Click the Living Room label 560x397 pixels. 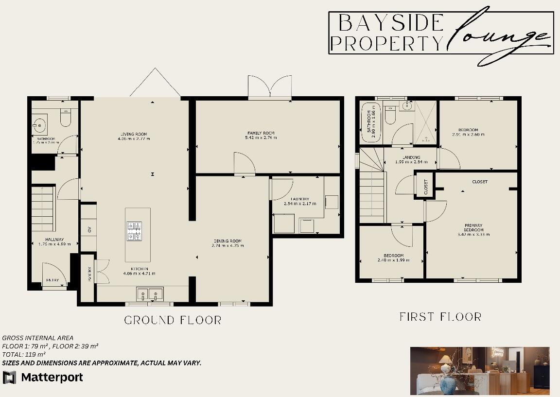[x=133, y=137]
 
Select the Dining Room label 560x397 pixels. [x=227, y=243]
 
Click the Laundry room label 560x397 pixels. [x=297, y=201]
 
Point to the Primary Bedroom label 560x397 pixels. [x=473, y=229]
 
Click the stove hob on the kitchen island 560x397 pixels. [x=134, y=231]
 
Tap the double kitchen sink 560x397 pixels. [x=149, y=293]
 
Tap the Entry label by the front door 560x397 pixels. [x=52, y=280]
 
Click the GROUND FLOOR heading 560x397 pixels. [x=173, y=320]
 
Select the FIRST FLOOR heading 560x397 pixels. [x=440, y=317]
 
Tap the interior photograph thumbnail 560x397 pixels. [x=480, y=370]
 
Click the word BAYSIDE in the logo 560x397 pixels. [x=391, y=23]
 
